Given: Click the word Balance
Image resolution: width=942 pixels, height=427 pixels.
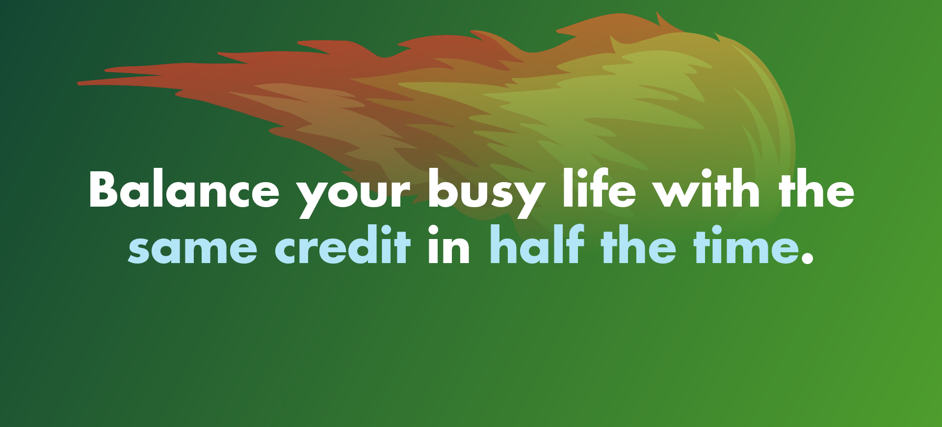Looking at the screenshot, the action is pos(184,188).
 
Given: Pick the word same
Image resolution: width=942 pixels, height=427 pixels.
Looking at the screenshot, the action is pos(192,248).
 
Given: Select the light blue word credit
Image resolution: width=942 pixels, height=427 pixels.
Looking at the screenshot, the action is pos(342,244).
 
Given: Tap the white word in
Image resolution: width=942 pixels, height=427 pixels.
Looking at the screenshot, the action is pos(449,244).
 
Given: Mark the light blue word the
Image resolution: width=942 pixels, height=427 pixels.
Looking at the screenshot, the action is pos(638,244).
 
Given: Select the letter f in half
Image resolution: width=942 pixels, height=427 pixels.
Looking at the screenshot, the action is pos(574,243).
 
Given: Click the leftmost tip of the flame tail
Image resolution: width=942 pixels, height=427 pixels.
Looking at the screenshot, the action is pos(78,83).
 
